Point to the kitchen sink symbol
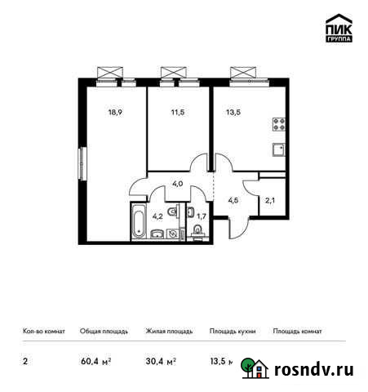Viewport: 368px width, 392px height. [x=278, y=149]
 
